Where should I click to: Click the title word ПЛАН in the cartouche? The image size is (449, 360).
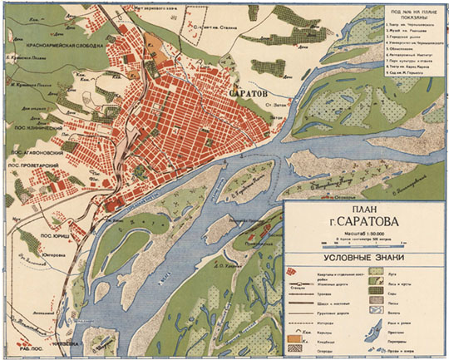[x=362, y=212]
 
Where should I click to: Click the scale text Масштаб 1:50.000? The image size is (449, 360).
[x=362, y=236]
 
